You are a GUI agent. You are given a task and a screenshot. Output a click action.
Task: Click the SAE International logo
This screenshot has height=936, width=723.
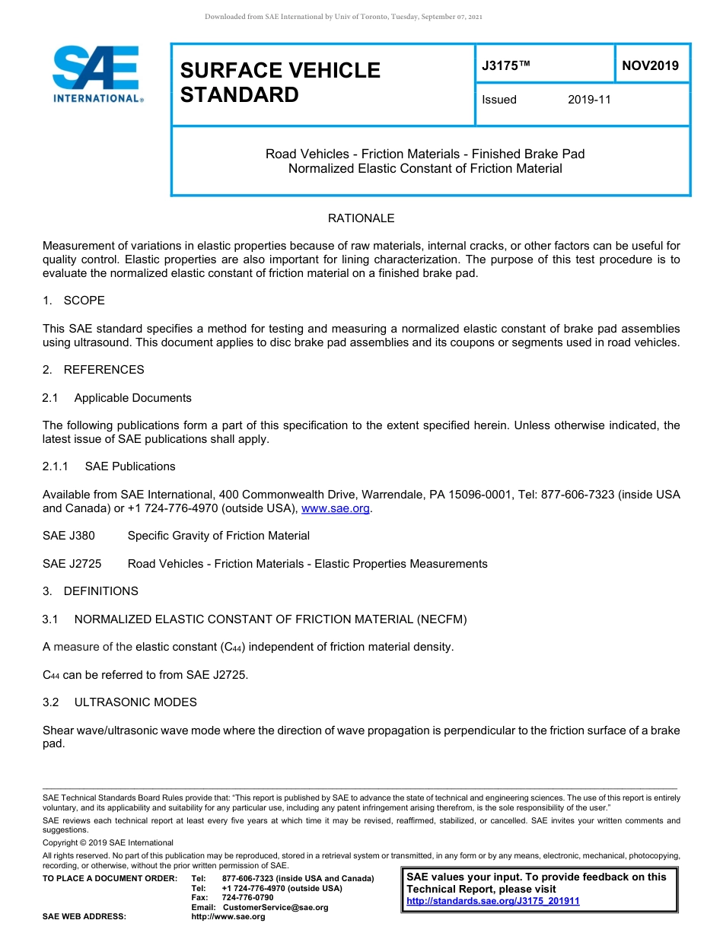pyautogui.click(x=97, y=74)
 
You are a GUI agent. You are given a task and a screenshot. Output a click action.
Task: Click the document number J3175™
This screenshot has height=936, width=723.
pyautogui.click(x=505, y=66)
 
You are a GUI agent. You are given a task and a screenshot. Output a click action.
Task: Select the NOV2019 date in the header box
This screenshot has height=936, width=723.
pyautogui.click(x=650, y=65)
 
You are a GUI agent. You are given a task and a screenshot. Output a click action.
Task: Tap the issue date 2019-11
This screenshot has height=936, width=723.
pyautogui.click(x=589, y=100)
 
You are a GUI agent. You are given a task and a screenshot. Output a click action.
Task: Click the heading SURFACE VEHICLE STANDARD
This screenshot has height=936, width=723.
pyautogui.click(x=279, y=82)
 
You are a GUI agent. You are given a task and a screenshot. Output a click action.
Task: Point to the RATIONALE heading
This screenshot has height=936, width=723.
pyautogui.click(x=361, y=218)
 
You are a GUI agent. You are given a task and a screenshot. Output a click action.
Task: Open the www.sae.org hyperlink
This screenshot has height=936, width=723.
pyautogui.click(x=336, y=508)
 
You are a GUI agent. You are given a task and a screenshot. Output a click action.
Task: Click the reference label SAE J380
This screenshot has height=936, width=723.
pyautogui.click(x=68, y=536)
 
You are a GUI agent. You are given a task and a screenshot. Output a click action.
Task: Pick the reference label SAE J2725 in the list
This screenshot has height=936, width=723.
pyautogui.click(x=72, y=564)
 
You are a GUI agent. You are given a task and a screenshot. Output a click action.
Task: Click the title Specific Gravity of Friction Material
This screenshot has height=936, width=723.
pyautogui.click(x=218, y=536)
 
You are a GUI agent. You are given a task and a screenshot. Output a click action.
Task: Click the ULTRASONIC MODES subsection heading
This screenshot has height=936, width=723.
pyautogui.click(x=135, y=702)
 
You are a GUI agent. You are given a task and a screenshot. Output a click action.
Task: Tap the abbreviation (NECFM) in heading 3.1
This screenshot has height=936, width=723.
pyautogui.click(x=441, y=619)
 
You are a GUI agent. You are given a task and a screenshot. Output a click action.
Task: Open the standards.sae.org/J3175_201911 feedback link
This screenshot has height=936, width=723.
pyautogui.click(x=492, y=901)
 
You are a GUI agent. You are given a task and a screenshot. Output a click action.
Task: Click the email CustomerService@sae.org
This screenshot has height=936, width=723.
pyautogui.click(x=275, y=907)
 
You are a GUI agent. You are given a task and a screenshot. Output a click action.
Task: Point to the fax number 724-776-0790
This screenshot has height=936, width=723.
pyautogui.click(x=247, y=898)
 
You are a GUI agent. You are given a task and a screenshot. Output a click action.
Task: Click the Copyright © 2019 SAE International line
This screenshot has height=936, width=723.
pyautogui.click(x=108, y=842)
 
